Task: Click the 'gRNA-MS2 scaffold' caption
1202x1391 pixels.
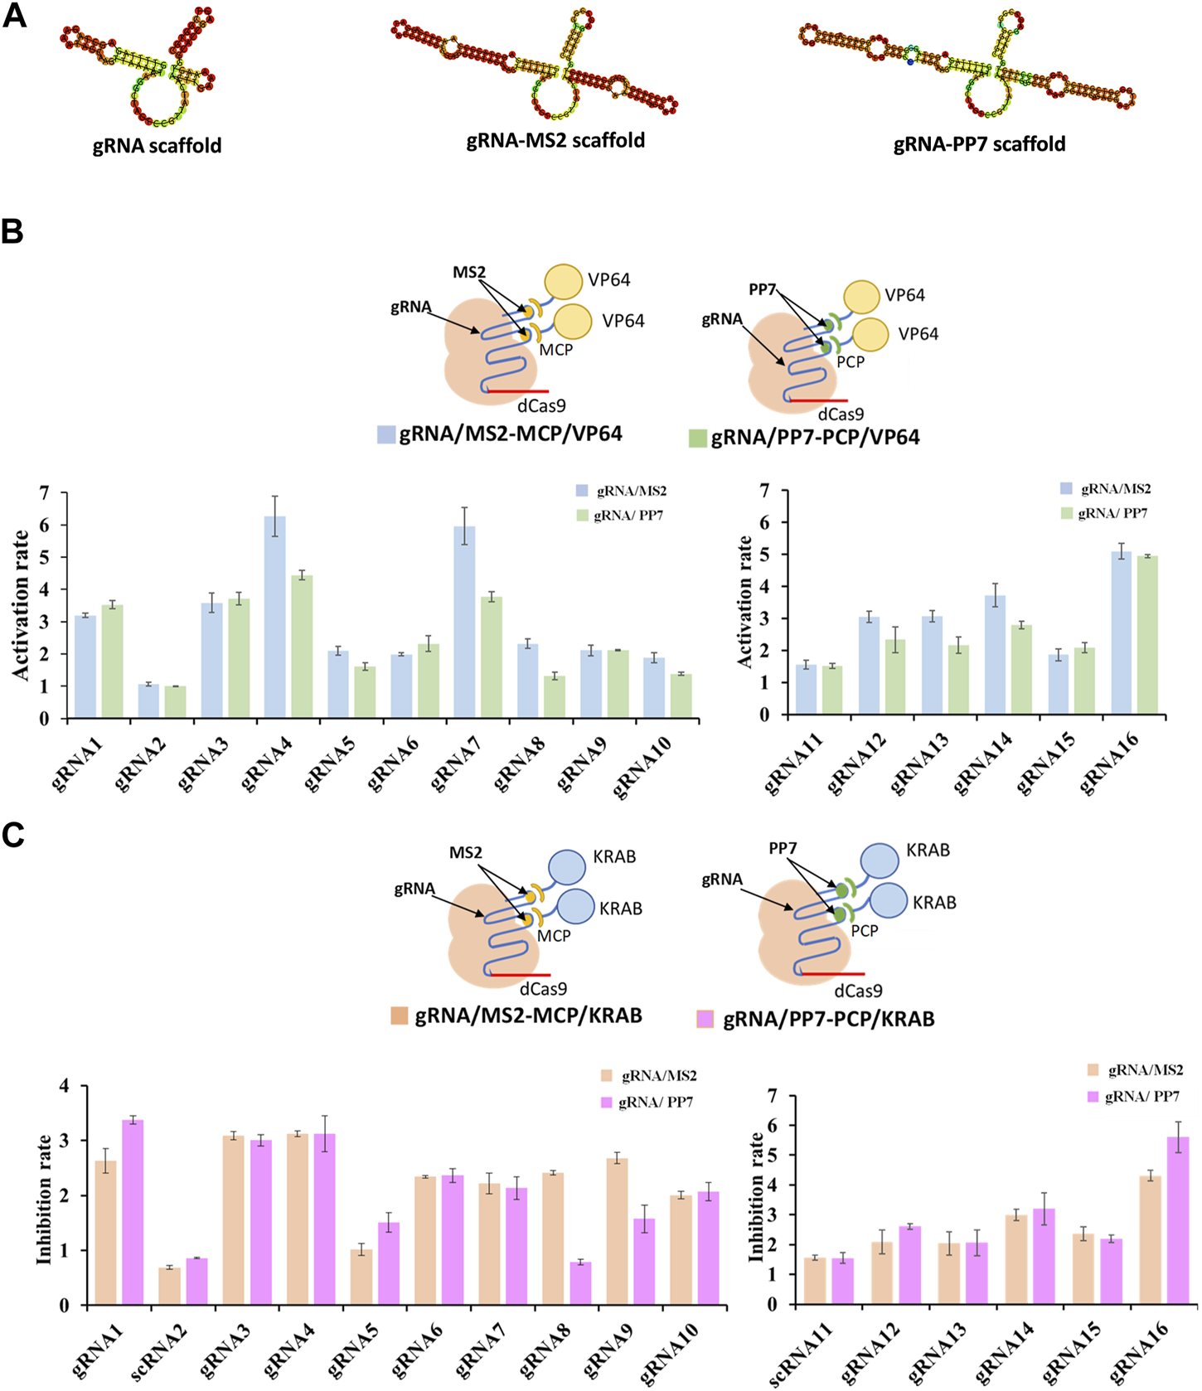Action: click(x=555, y=140)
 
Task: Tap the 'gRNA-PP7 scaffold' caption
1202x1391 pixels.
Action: click(x=979, y=144)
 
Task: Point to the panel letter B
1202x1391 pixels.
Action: click(x=13, y=231)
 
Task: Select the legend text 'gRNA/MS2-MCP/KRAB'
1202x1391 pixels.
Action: click(x=528, y=1015)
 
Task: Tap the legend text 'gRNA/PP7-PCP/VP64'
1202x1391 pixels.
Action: click(x=815, y=437)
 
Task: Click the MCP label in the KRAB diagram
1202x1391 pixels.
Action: click(x=554, y=935)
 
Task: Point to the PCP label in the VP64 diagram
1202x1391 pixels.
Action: click(x=851, y=361)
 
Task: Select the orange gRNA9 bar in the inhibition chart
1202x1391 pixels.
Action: click(x=617, y=1231)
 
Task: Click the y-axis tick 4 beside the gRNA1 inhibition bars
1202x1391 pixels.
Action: click(x=63, y=1086)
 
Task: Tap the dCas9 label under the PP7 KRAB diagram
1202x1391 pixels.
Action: click(x=858, y=991)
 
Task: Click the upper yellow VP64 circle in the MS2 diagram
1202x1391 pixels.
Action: click(x=564, y=281)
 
